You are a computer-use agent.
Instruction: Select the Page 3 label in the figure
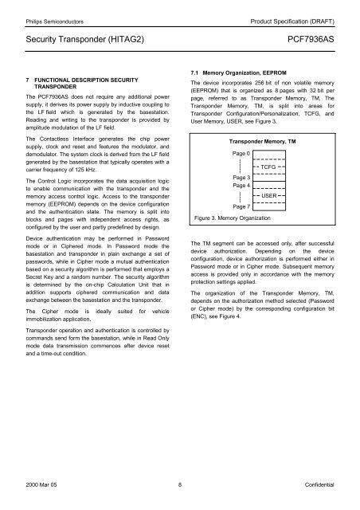[242, 177]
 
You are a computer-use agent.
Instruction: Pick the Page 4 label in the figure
[242, 186]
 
